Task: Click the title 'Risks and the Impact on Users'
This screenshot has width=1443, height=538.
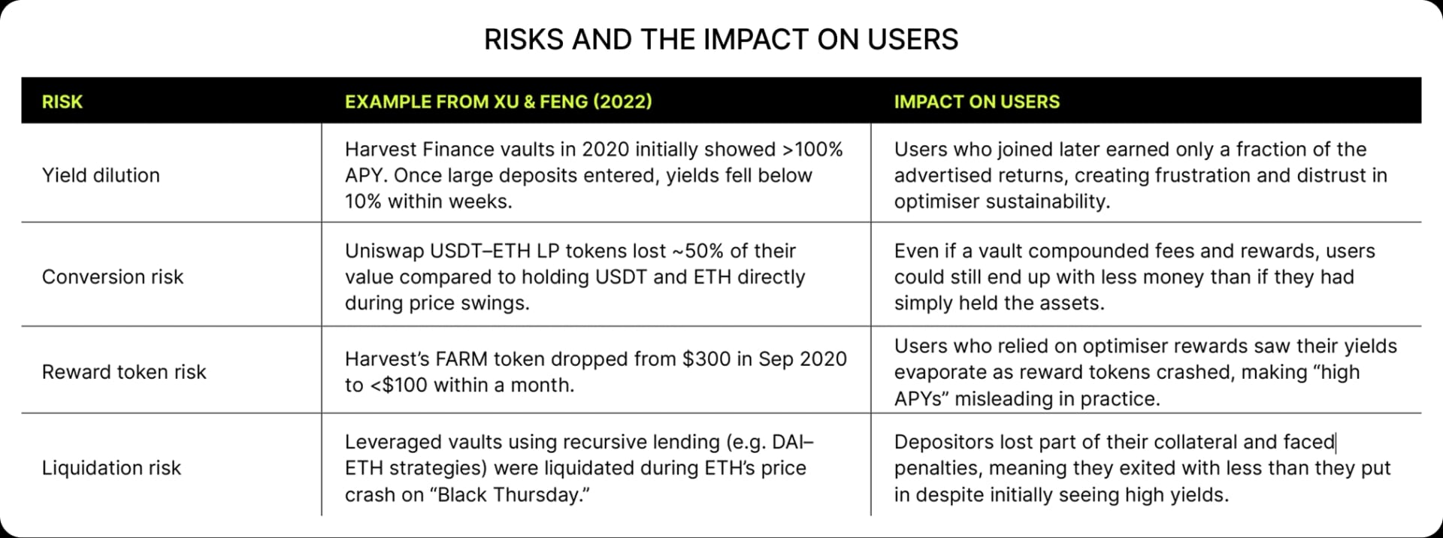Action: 721,39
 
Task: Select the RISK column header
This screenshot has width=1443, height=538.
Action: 62,101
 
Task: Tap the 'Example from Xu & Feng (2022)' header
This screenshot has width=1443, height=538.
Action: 498,101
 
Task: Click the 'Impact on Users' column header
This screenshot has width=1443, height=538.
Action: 976,101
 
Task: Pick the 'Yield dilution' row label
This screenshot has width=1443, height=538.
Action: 101,175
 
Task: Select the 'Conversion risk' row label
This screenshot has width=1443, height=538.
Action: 113,277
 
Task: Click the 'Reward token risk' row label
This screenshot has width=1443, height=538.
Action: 124,372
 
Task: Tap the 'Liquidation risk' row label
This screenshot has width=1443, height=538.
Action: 111,468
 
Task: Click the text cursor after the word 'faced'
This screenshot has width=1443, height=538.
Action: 1336,442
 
